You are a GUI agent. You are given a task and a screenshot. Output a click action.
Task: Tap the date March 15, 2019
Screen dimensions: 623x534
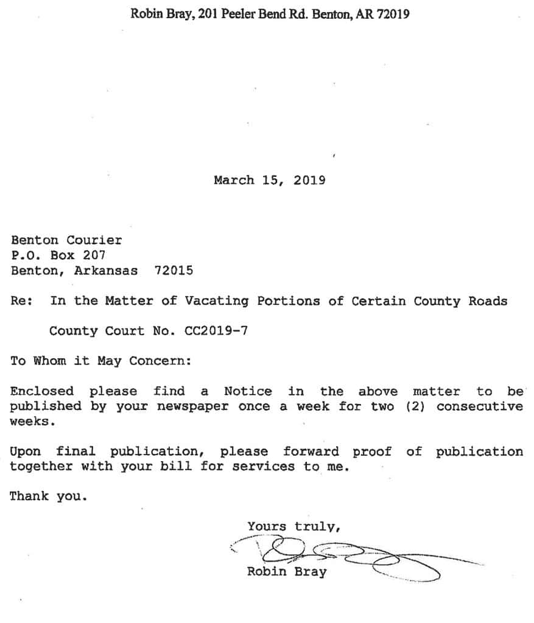tap(269, 180)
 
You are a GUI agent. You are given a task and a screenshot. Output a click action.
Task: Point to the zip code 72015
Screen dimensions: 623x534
tap(174, 270)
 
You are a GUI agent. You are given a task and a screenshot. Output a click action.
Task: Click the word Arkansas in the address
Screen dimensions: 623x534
tap(105, 270)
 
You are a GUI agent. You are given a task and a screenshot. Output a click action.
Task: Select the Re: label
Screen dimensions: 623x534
tap(21, 301)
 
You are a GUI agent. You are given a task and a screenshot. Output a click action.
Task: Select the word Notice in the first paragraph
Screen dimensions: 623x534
tap(248, 391)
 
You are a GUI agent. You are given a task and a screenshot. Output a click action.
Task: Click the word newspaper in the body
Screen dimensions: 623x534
tap(192, 406)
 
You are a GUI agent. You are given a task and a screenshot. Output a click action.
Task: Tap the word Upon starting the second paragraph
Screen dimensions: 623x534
tap(26, 451)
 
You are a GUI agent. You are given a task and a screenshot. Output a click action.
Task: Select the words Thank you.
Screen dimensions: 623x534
tap(48, 496)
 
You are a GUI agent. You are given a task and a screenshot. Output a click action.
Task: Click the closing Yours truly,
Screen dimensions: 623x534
tap(293, 527)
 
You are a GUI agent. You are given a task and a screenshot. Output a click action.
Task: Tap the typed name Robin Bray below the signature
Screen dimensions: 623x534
tap(286, 572)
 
